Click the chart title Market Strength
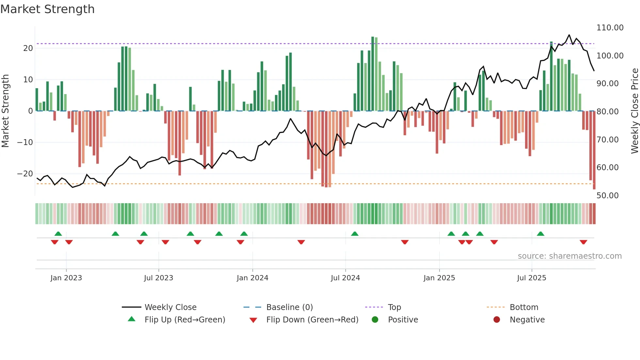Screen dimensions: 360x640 click(47, 9)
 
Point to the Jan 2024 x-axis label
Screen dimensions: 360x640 click(252, 278)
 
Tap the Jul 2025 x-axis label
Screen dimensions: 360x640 click(532, 278)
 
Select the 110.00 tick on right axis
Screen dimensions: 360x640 click(610, 28)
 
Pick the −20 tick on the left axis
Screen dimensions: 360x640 click(25, 174)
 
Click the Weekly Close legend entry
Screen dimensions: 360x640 click(170, 307)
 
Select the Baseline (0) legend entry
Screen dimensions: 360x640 click(289, 307)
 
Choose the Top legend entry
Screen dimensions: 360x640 click(394, 307)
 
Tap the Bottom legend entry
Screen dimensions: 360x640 click(524, 307)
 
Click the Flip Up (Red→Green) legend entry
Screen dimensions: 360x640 click(185, 320)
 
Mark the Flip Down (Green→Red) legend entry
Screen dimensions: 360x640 click(312, 320)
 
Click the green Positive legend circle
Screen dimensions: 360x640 click(375, 320)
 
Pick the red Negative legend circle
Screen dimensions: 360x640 click(497, 320)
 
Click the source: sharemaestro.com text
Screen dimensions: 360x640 click(569, 256)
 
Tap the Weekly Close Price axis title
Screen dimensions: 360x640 click(634, 111)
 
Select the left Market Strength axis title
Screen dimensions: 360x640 click(5, 111)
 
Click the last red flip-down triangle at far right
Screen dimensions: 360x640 click(584, 242)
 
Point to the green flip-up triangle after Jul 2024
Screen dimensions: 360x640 click(355, 234)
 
